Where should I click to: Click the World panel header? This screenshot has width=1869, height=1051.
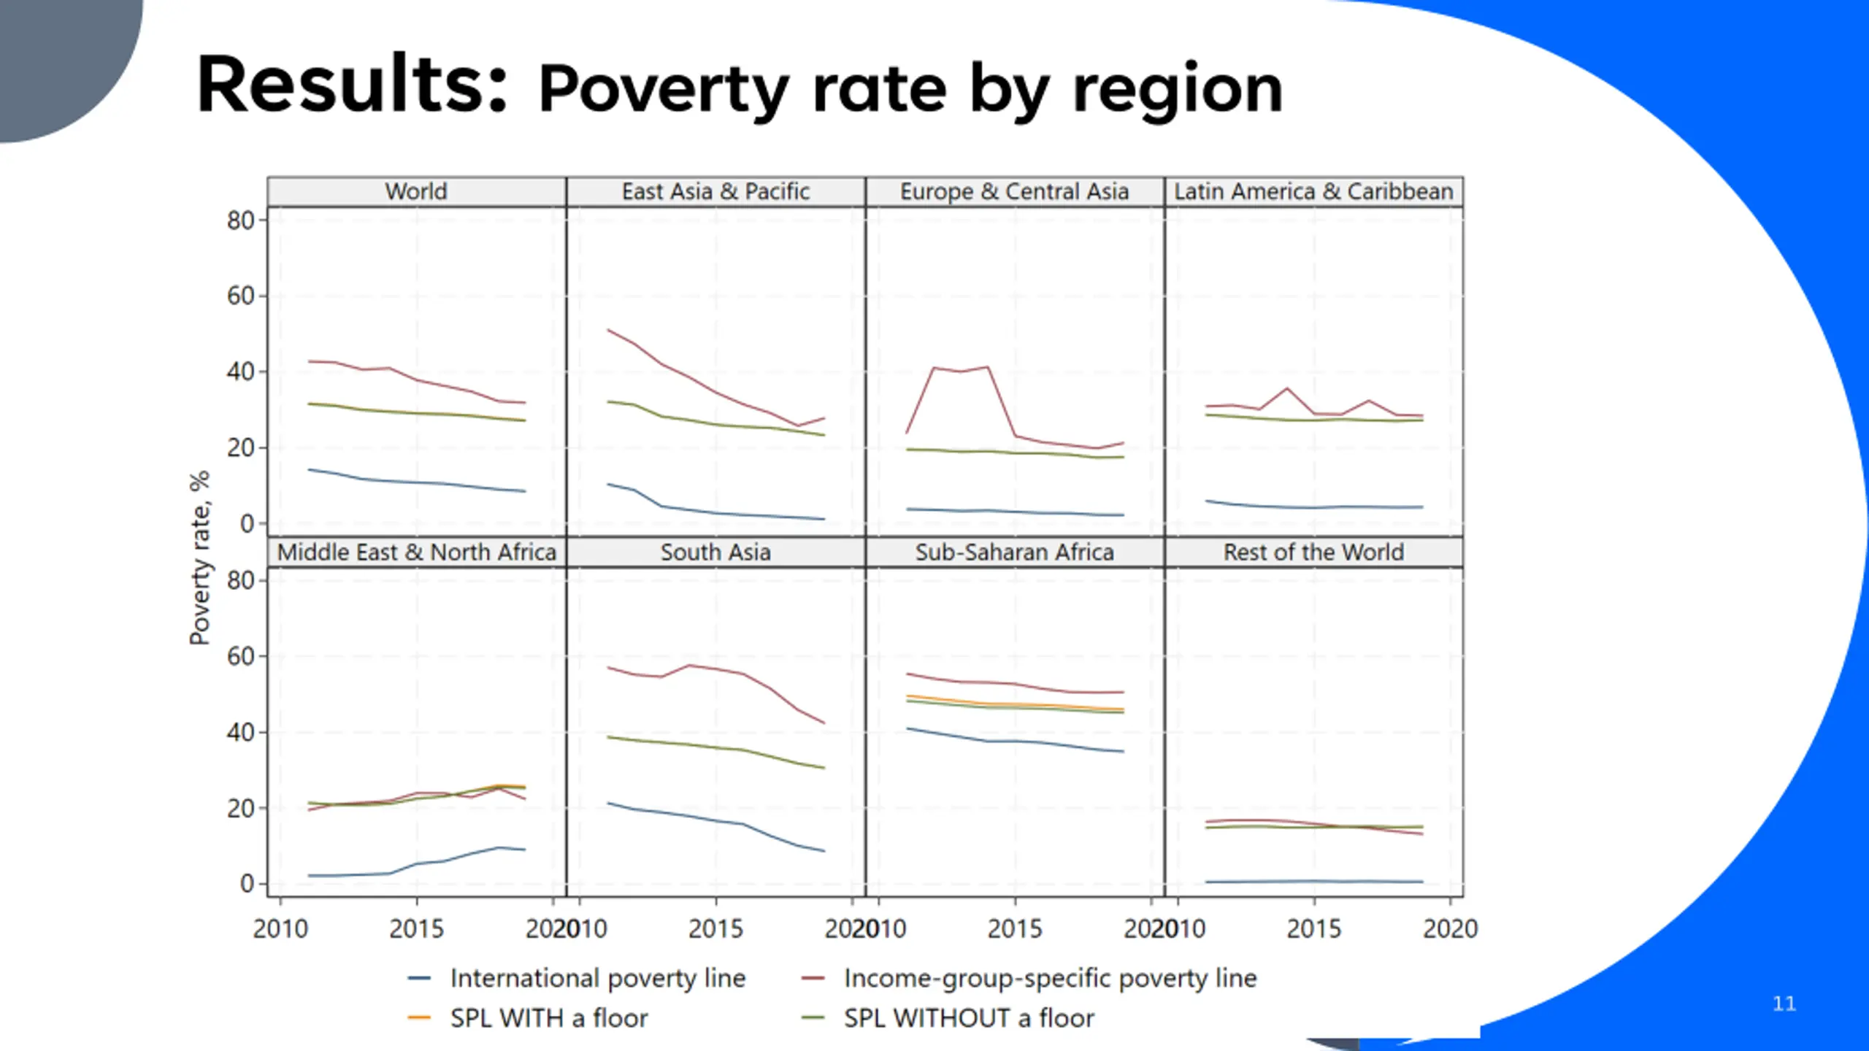(x=416, y=191)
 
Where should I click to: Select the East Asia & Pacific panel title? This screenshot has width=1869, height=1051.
(x=715, y=191)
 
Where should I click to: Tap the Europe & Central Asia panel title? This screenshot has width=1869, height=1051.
(x=1014, y=191)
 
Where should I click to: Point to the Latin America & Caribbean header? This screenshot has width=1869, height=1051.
(x=1313, y=191)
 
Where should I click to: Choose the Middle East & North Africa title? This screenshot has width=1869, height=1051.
(x=416, y=552)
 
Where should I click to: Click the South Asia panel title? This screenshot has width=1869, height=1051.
(x=715, y=552)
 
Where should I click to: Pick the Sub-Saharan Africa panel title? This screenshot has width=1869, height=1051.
(x=1014, y=552)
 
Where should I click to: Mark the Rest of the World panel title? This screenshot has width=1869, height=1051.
(x=1313, y=552)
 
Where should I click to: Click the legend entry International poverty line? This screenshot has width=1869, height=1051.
(x=597, y=978)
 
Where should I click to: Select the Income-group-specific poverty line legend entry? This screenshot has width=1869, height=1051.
(x=1050, y=978)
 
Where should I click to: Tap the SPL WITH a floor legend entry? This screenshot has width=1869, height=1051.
(x=548, y=1018)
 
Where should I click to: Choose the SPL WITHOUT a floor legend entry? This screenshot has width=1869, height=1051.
(x=969, y=1018)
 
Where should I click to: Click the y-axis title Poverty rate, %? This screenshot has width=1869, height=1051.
(x=199, y=558)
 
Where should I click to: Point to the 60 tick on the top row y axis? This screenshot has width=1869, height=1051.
(x=240, y=296)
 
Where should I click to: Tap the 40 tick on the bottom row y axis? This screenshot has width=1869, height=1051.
(x=240, y=732)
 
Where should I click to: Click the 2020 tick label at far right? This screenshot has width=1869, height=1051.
(x=1450, y=929)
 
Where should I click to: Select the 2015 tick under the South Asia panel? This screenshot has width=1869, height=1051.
(x=715, y=929)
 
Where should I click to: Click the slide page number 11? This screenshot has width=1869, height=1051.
(x=1784, y=1004)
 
